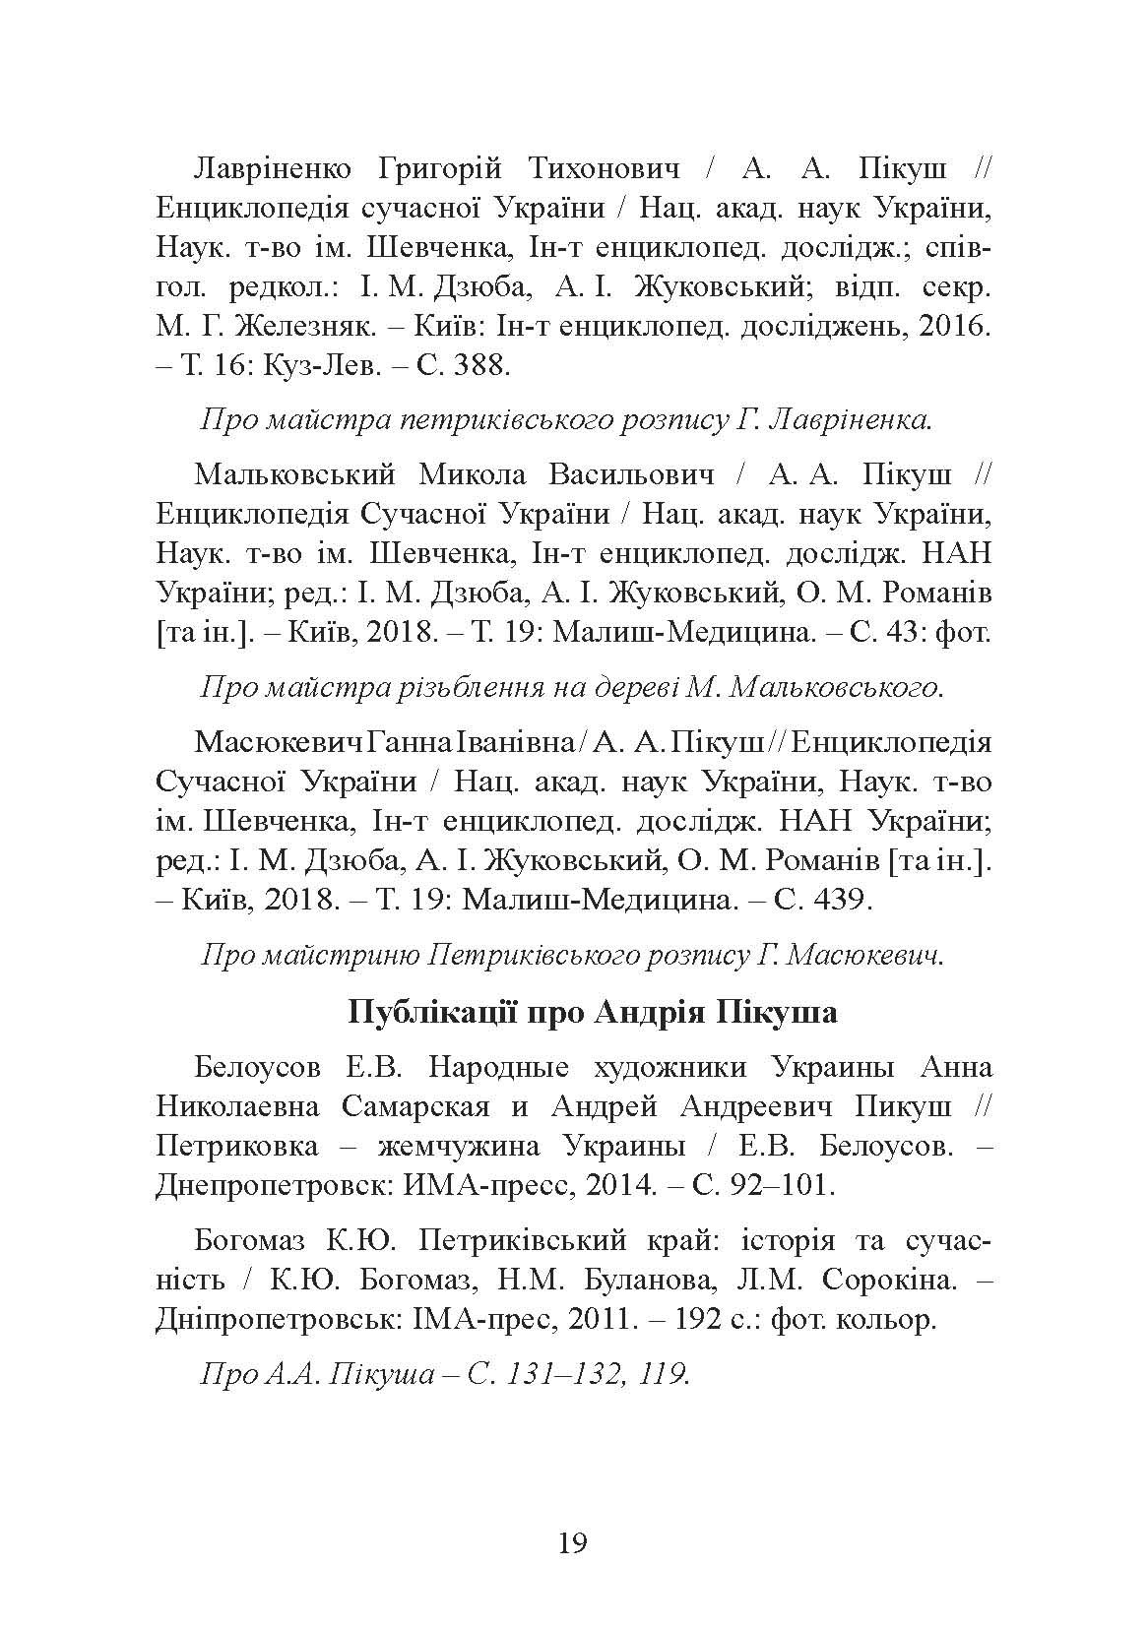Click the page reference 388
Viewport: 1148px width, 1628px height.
480,367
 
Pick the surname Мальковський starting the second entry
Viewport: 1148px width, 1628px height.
294,474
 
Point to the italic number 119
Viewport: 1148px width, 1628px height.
663,1373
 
